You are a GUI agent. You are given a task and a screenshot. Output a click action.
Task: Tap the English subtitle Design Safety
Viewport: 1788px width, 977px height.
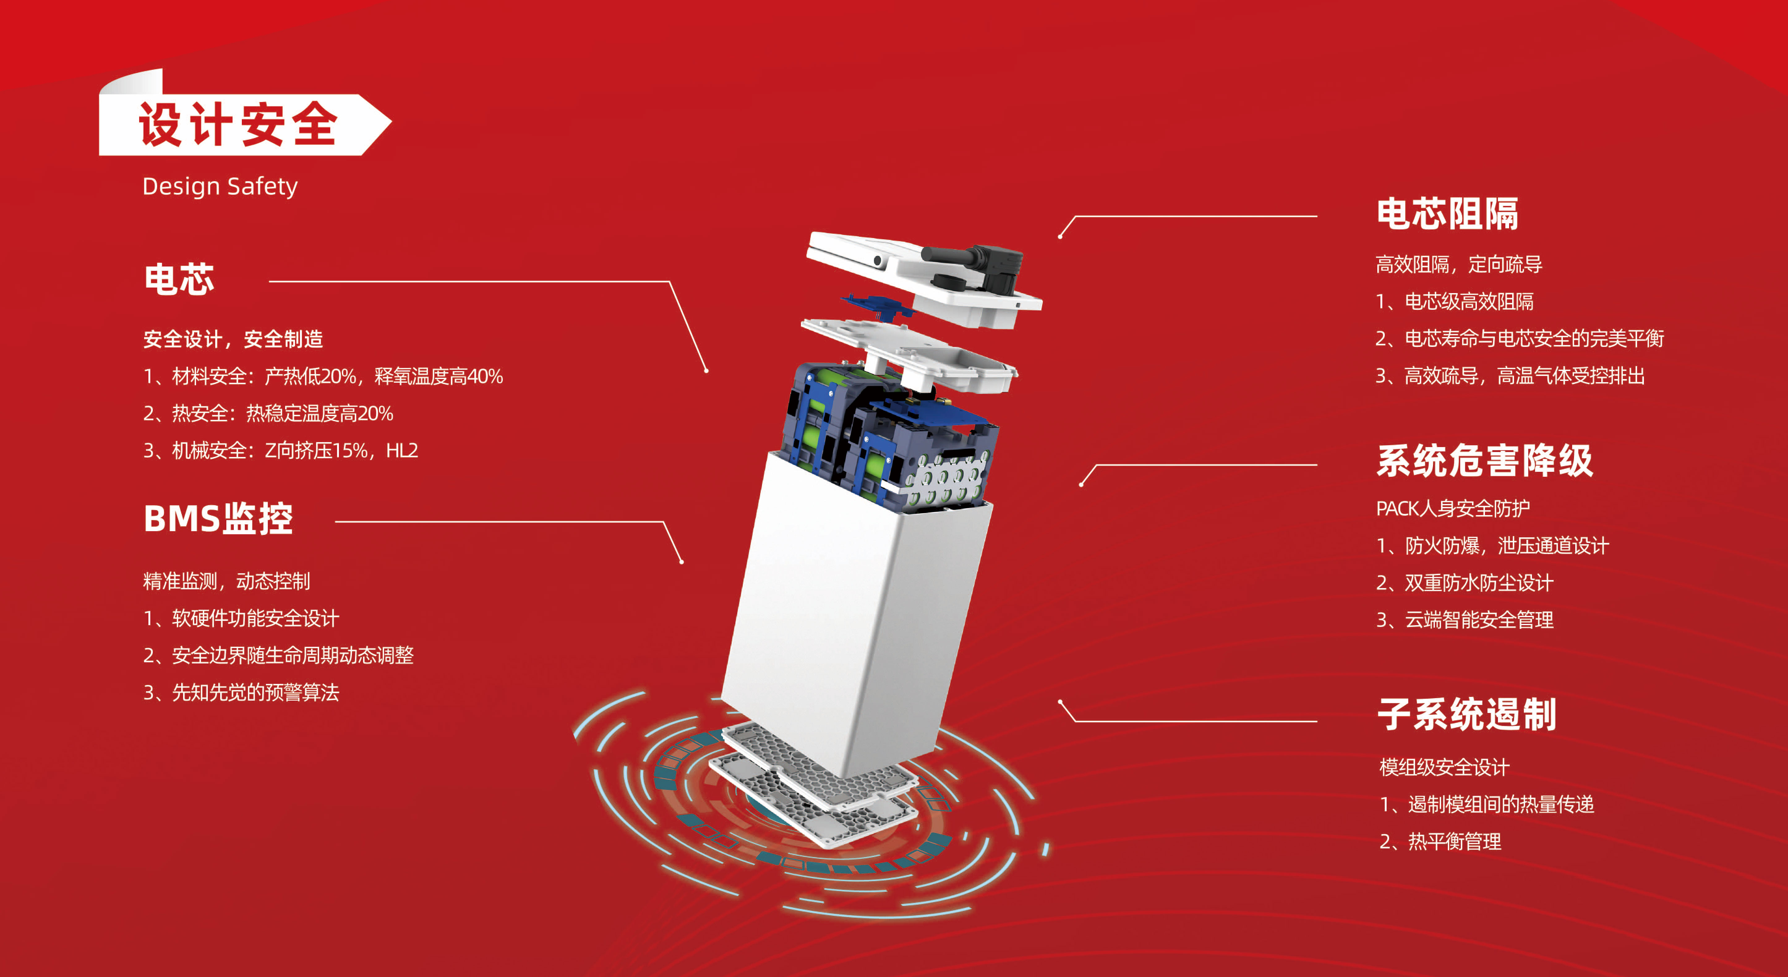pos(220,186)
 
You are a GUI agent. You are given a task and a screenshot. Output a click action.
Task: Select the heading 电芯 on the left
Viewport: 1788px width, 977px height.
pos(179,279)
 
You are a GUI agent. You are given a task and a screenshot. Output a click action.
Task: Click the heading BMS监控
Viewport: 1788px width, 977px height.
pos(218,518)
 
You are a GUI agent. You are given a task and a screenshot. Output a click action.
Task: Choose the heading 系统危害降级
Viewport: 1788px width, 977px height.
pos(1485,461)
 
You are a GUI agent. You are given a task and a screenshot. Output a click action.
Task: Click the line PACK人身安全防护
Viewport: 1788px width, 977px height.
pos(1453,509)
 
